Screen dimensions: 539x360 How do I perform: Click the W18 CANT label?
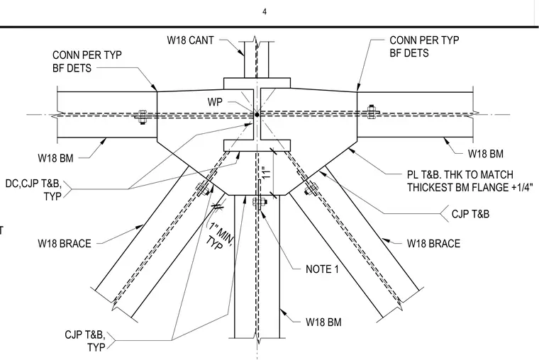click(191, 40)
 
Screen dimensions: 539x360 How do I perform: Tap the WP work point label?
click(215, 102)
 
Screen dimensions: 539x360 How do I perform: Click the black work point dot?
click(257, 115)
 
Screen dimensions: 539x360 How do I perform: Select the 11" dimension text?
click(267, 173)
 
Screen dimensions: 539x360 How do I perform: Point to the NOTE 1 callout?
click(322, 269)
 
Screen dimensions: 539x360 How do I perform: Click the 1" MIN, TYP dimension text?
click(219, 236)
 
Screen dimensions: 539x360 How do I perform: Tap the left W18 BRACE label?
click(65, 244)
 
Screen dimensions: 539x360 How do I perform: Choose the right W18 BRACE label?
click(433, 244)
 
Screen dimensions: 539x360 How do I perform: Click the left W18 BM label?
click(56, 158)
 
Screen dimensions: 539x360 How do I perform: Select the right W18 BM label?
click(486, 154)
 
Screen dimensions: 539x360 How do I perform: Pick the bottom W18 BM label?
click(323, 322)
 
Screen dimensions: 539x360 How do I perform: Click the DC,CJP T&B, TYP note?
click(34, 190)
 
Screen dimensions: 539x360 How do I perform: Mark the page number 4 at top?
click(265, 11)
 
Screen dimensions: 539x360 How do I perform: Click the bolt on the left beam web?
click(142, 117)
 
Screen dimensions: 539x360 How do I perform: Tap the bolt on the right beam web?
click(371, 112)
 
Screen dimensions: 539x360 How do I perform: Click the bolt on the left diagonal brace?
click(203, 189)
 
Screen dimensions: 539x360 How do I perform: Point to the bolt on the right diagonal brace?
click(311, 189)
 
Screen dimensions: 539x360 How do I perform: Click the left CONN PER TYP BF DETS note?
click(87, 62)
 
